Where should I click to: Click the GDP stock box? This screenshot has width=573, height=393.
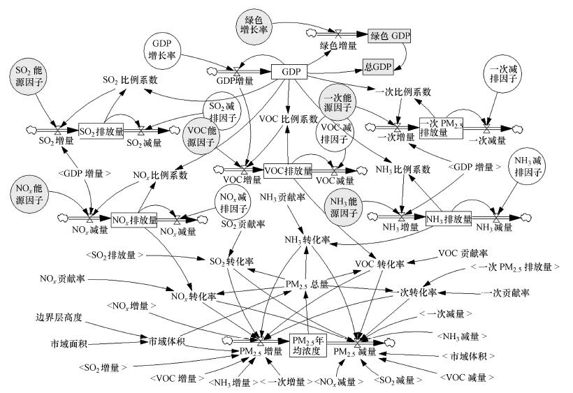(289, 73)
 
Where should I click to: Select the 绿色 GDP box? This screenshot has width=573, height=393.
(389, 35)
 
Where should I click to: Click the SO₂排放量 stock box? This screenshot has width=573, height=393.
(96, 131)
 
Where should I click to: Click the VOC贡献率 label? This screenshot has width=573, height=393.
(463, 252)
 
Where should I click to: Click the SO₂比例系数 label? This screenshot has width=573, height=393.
(128, 79)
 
